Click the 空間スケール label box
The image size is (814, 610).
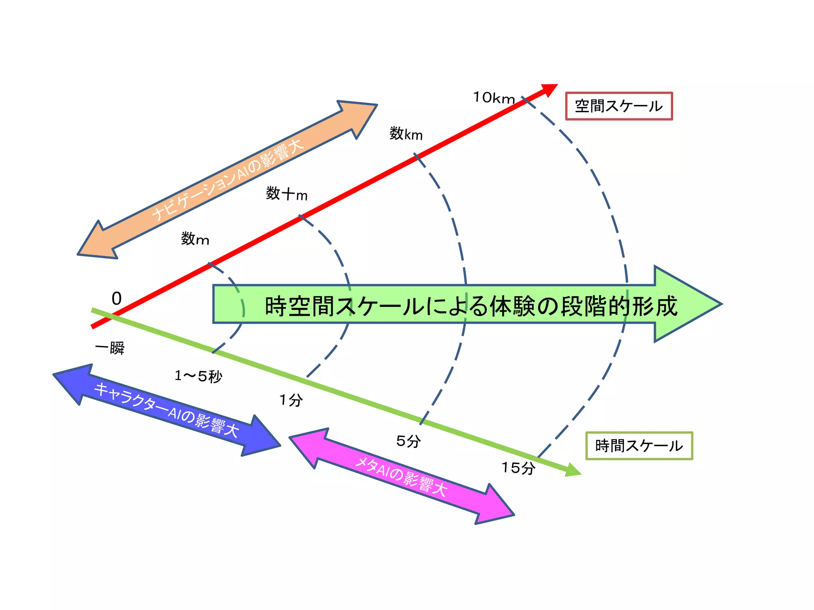[619, 106]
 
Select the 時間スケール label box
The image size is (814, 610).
[639, 446]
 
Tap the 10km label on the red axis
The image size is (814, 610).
[494, 98]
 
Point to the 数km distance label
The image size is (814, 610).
[406, 134]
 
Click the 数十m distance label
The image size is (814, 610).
[287, 194]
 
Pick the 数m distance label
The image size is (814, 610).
[195, 239]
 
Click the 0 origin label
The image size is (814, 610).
[116, 299]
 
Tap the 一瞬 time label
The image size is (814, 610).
[110, 348]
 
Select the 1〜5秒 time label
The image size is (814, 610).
[198, 376]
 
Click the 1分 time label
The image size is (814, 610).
[291, 400]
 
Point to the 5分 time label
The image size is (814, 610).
[409, 441]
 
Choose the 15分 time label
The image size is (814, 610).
[518, 468]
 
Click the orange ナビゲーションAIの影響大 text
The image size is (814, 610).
[227, 180]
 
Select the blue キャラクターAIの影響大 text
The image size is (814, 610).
[167, 410]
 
